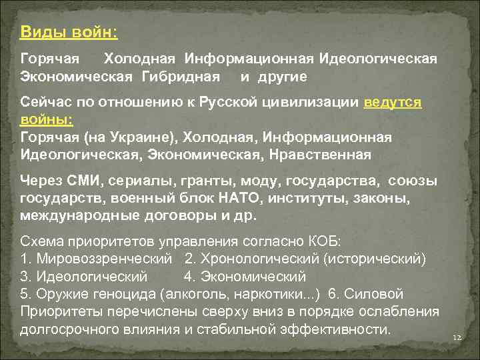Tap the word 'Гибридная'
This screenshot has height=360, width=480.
click(180, 77)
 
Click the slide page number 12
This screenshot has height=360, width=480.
click(457, 339)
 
